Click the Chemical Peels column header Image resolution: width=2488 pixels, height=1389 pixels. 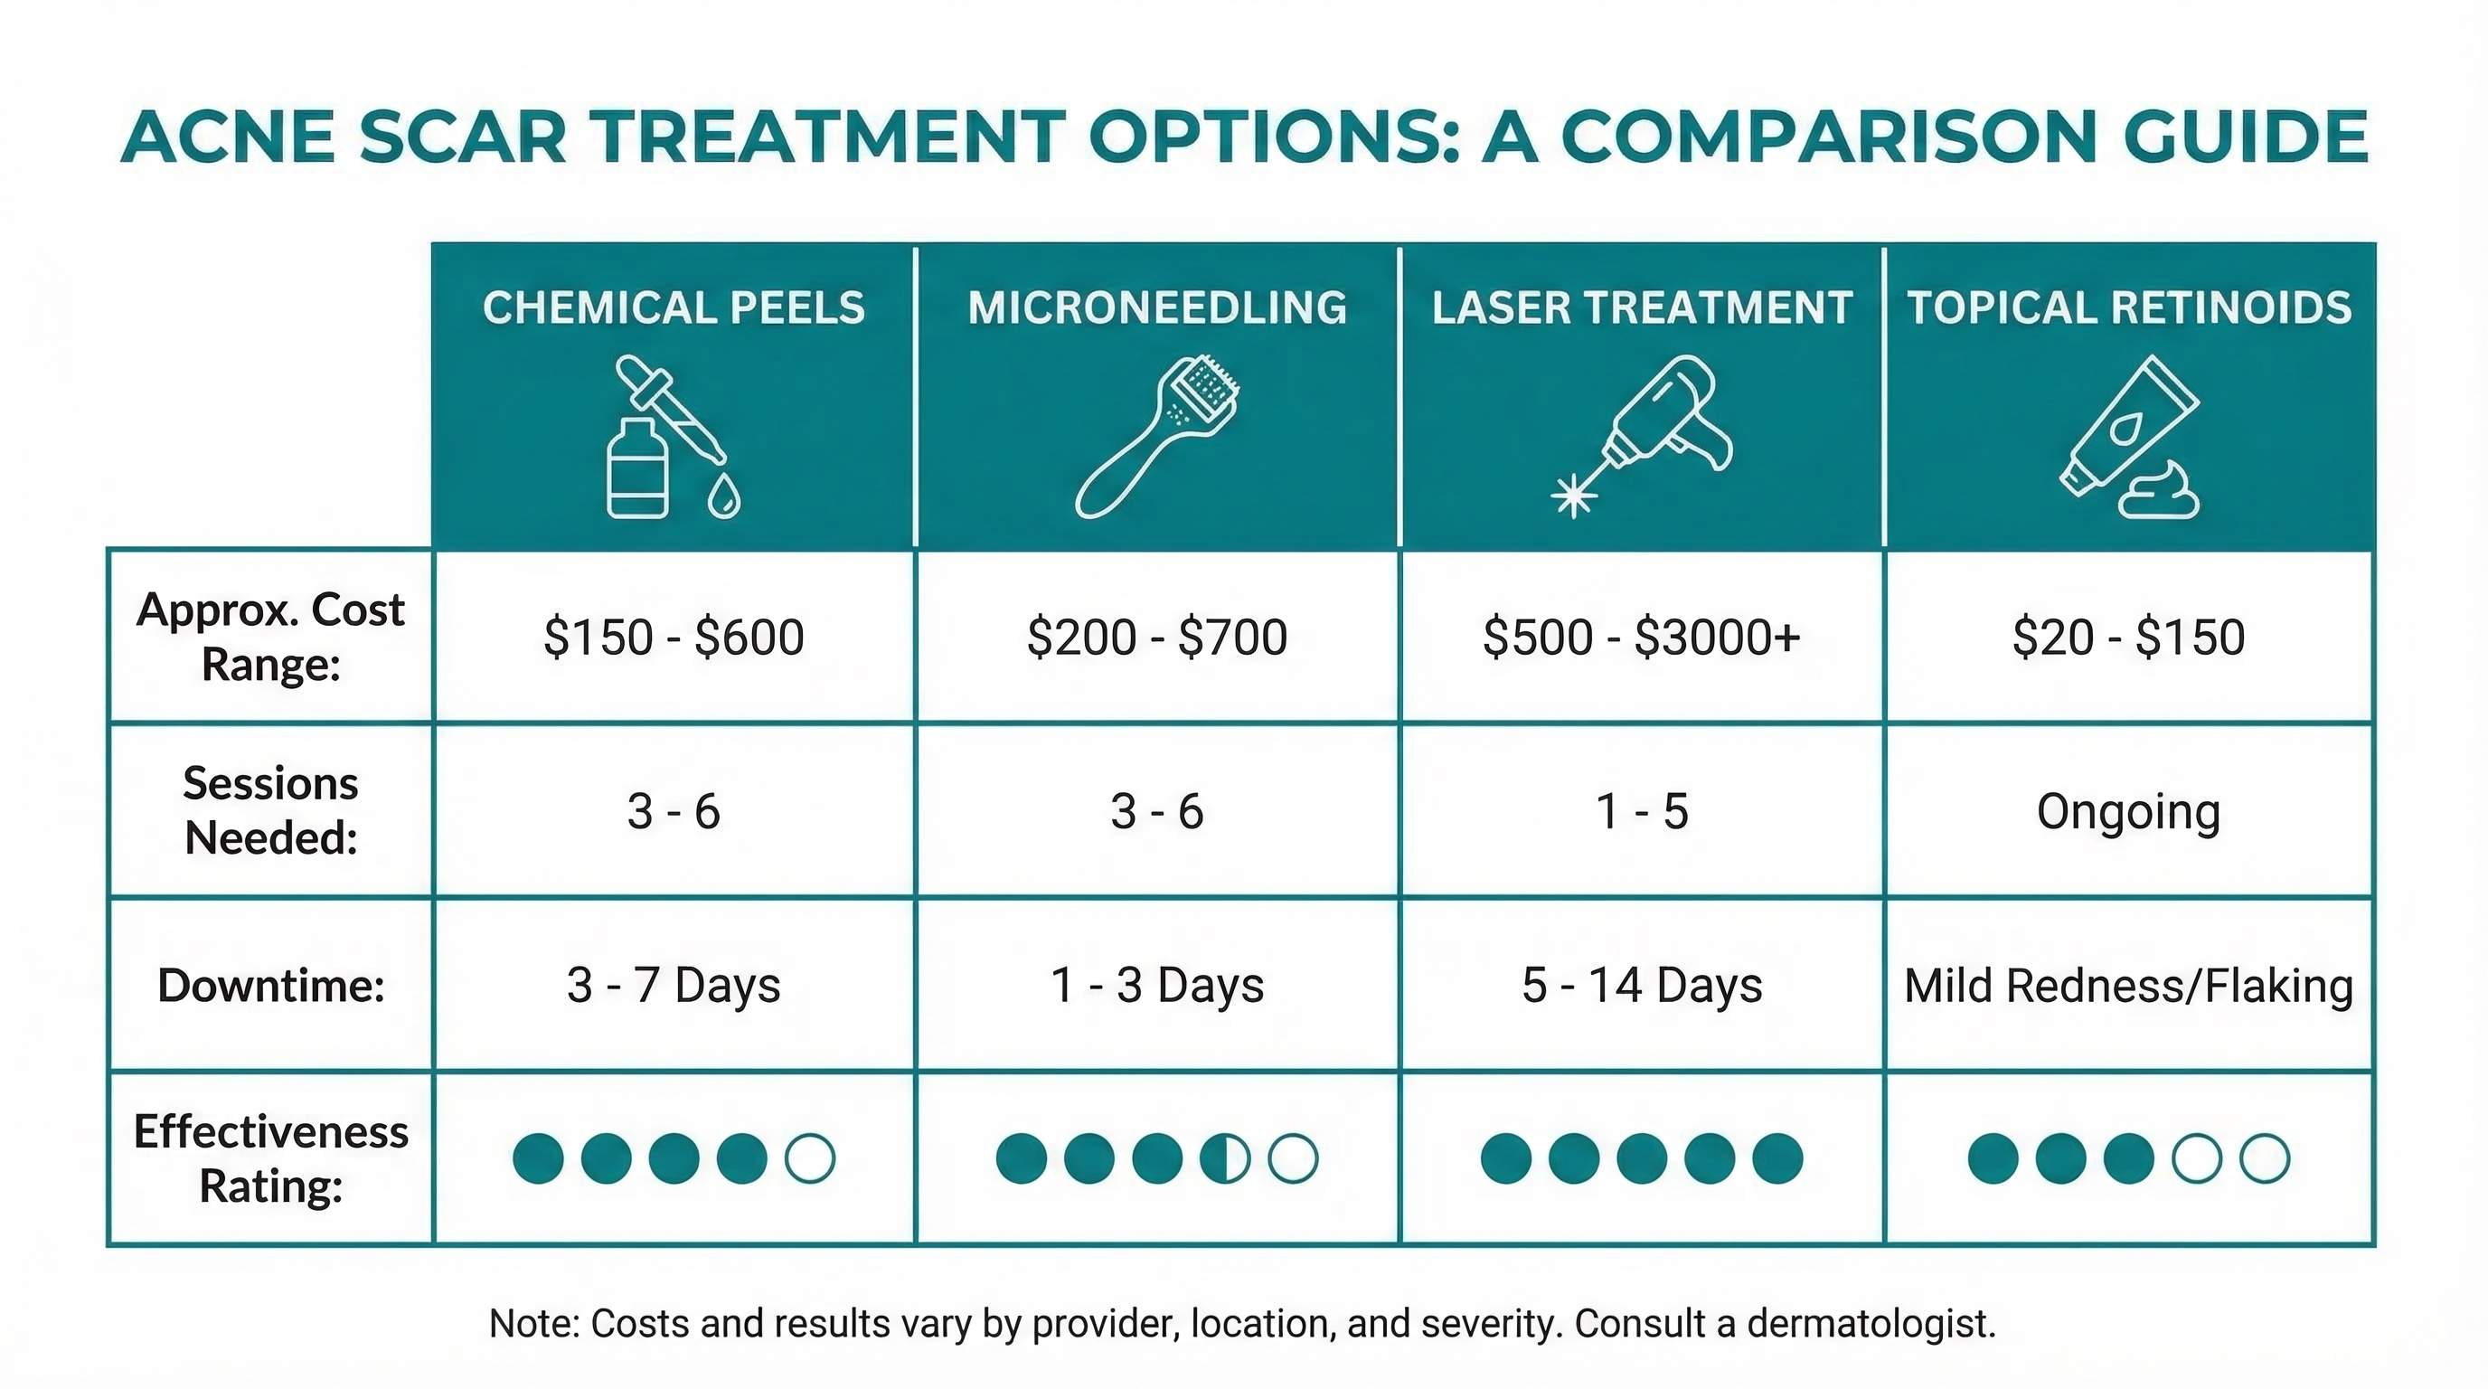(x=674, y=307)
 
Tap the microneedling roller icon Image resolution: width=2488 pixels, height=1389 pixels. (x=1157, y=437)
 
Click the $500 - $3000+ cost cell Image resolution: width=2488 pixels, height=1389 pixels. (x=1641, y=637)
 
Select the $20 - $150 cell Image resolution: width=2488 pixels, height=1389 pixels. (x=2128, y=637)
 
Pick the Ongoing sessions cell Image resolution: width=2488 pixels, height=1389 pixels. (x=2128, y=810)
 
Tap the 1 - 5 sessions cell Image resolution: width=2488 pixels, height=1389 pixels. (x=1641, y=810)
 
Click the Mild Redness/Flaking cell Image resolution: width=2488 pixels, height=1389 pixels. (x=2128, y=986)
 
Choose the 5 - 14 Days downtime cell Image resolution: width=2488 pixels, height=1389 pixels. (x=1641, y=986)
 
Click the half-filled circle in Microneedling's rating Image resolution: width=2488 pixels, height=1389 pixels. (x=1225, y=1158)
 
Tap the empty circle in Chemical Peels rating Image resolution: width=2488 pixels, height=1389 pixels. (x=809, y=1158)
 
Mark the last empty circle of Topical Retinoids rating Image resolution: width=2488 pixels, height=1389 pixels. (x=2264, y=1158)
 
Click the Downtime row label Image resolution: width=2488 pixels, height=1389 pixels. (x=270, y=986)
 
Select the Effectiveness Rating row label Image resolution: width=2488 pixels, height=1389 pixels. (x=270, y=1158)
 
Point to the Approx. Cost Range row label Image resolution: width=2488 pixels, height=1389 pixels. (x=270, y=637)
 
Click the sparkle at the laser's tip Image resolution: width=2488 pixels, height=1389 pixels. (x=1573, y=496)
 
